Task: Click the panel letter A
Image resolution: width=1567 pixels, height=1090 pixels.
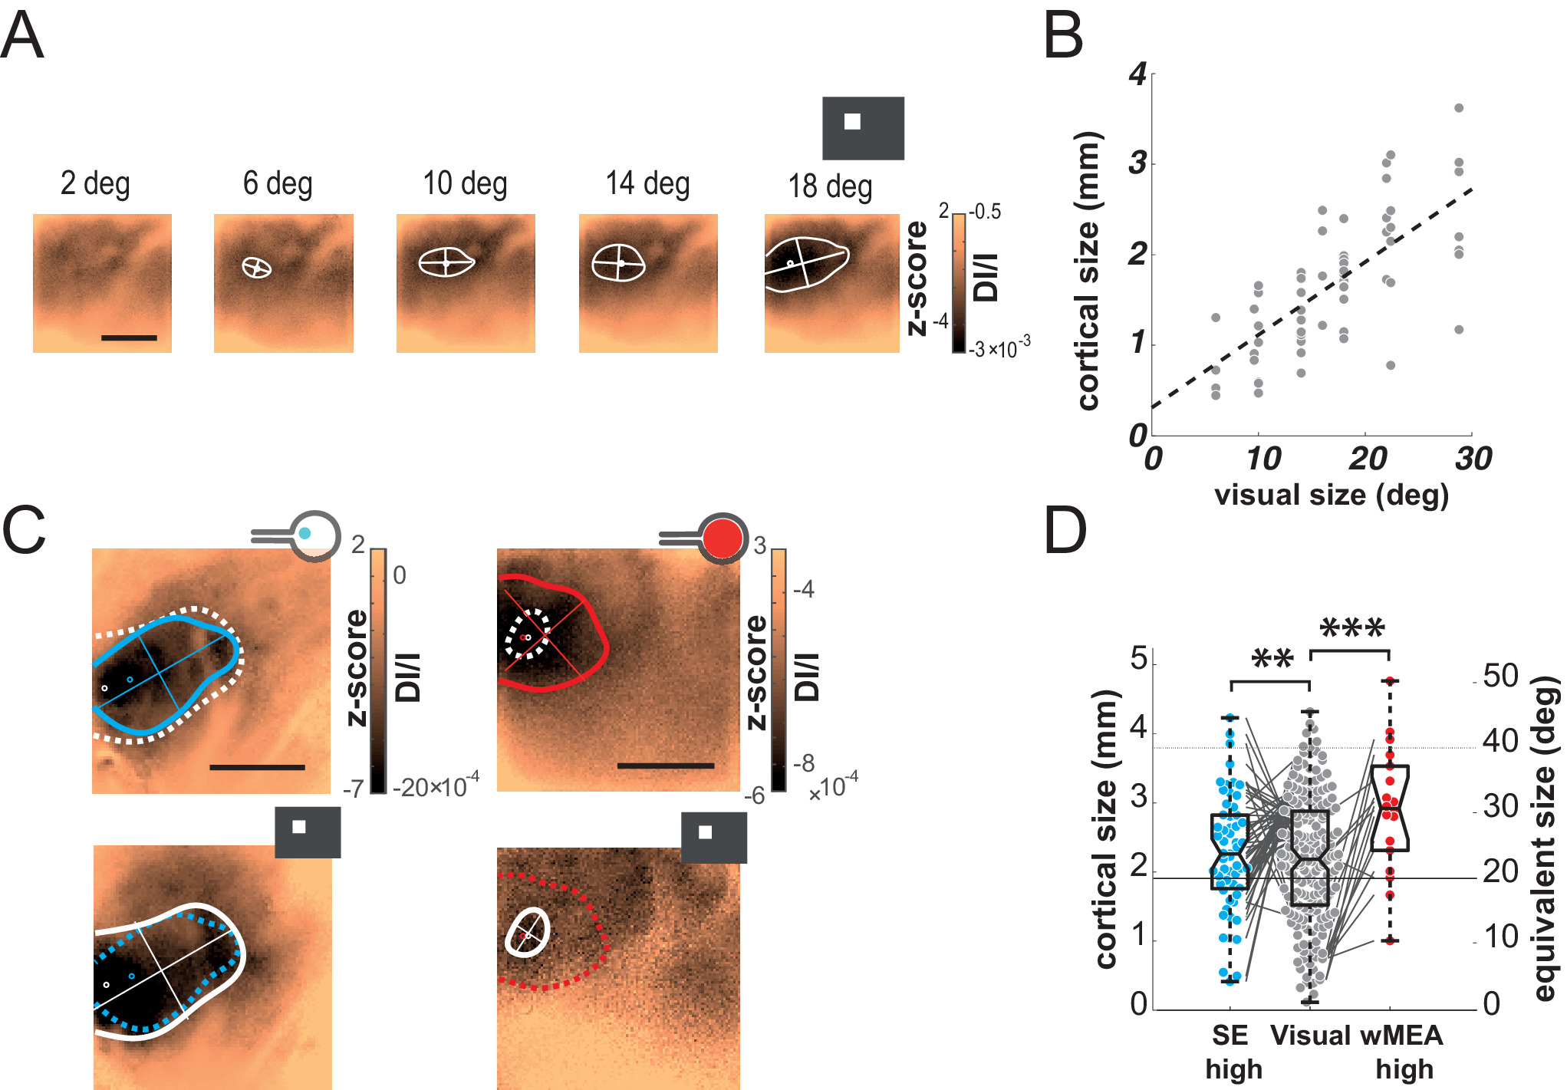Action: click(x=22, y=35)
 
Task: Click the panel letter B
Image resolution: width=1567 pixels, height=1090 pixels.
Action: click(x=1063, y=35)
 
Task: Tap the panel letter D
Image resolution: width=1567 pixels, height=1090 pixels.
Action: click(x=1065, y=530)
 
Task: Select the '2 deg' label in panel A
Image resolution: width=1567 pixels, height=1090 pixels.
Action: click(x=95, y=184)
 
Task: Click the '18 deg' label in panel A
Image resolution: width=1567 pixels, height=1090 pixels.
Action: click(x=830, y=186)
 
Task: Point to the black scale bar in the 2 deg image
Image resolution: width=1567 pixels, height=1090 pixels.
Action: click(x=129, y=338)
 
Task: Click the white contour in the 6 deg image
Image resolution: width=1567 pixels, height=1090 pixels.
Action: click(x=257, y=267)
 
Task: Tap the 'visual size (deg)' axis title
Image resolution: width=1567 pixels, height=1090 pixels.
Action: click(x=1332, y=495)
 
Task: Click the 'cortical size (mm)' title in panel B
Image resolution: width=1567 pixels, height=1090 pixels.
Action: click(x=1088, y=271)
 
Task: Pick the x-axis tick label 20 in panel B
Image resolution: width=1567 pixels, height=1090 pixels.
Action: click(x=1368, y=459)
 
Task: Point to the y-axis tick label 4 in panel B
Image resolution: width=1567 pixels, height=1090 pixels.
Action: click(x=1137, y=75)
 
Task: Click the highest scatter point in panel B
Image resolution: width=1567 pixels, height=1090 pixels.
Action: click(x=1459, y=108)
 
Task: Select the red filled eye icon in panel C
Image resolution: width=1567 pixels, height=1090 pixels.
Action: click(x=723, y=538)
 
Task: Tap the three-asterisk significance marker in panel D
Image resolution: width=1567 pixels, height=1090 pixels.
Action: click(x=1352, y=630)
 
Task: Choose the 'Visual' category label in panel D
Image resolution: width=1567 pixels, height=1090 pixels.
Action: click(x=1309, y=1036)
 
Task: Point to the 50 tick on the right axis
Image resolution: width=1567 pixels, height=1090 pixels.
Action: click(x=1500, y=677)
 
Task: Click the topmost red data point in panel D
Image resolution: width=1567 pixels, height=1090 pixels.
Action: click(x=1389, y=680)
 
